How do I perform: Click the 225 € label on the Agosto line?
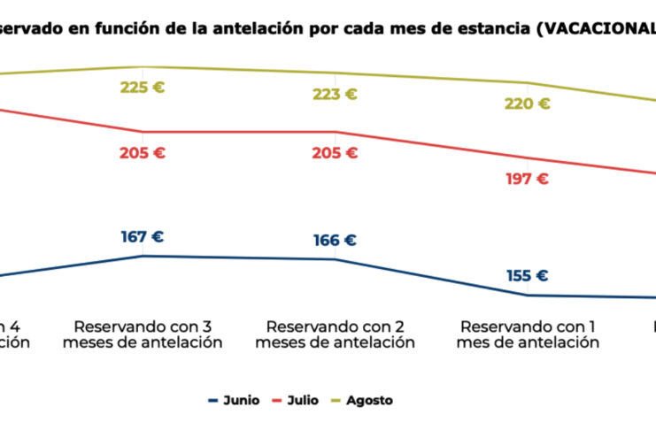pyautogui.click(x=143, y=88)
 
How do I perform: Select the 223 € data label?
pyautogui.click(x=335, y=95)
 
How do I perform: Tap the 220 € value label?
pyautogui.click(x=528, y=104)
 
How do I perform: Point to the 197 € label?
pyautogui.click(x=528, y=179)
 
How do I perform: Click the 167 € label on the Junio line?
pyautogui.click(x=143, y=237)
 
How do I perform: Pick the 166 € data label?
pyautogui.click(x=335, y=240)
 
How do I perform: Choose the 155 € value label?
pyautogui.click(x=528, y=275)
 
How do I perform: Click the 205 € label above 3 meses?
pyautogui.click(x=143, y=153)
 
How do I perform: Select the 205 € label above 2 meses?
pyautogui.click(x=335, y=153)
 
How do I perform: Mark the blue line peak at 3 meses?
pyautogui.click(x=143, y=256)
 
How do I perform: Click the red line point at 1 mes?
pyautogui.click(x=529, y=158)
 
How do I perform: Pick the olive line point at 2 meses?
pyautogui.click(x=336, y=73)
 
